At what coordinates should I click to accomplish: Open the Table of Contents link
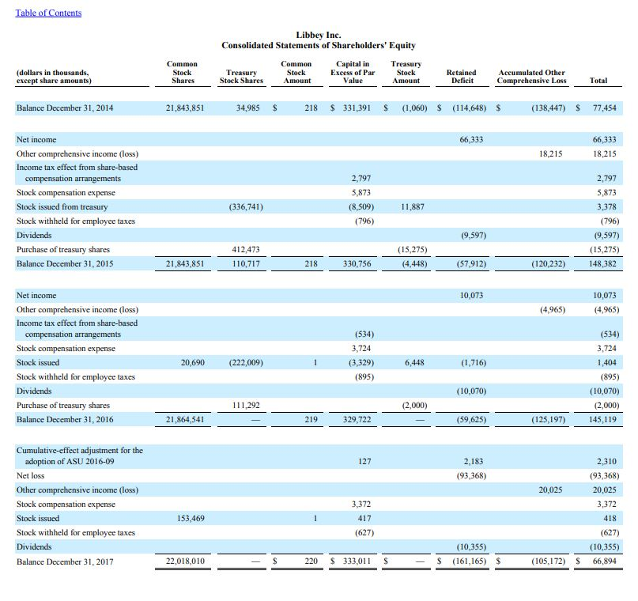pyautogui.click(x=48, y=13)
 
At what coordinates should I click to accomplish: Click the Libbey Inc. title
pyautogui.click(x=318, y=35)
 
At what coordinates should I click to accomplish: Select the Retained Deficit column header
pyautogui.click(x=461, y=76)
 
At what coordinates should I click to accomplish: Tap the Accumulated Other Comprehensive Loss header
pyautogui.click(x=532, y=76)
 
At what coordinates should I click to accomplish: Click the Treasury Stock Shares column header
pyautogui.click(x=240, y=76)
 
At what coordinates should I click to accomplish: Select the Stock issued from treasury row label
pyautogui.click(x=62, y=207)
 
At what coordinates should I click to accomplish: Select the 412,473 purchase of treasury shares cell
pyautogui.click(x=246, y=250)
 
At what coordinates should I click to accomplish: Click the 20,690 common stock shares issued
pyautogui.click(x=192, y=363)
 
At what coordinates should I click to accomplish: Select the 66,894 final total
pyautogui.click(x=606, y=561)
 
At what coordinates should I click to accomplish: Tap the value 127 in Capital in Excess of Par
pyautogui.click(x=364, y=462)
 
